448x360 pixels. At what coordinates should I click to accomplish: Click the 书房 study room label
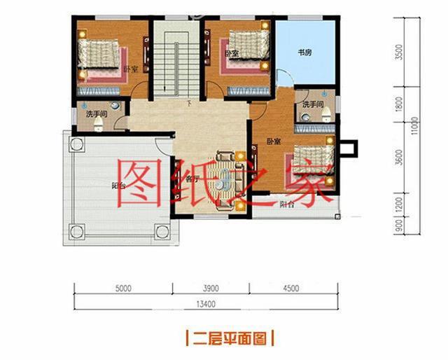[304, 52]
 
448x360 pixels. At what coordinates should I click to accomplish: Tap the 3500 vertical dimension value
[399, 53]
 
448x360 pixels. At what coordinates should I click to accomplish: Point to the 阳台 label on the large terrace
[118, 186]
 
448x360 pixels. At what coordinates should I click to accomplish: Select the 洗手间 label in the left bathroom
[96, 113]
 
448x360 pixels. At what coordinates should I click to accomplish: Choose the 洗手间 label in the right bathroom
[313, 104]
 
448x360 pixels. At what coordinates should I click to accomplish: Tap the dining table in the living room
[225, 179]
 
